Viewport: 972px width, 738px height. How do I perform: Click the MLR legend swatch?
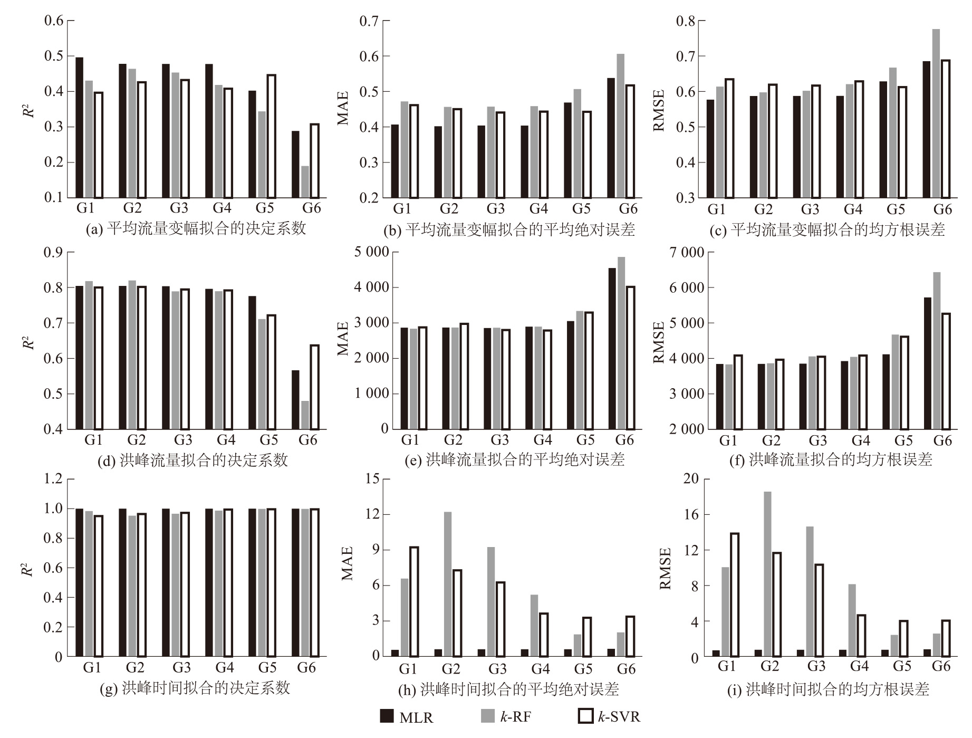(387, 716)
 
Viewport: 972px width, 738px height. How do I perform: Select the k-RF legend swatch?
(487, 716)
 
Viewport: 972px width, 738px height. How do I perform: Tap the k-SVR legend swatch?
(585, 716)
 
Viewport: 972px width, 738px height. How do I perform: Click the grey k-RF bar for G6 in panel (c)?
(936, 113)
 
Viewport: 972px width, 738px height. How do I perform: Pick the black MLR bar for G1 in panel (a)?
(80, 127)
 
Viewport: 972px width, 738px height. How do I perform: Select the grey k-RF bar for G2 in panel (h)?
(447, 584)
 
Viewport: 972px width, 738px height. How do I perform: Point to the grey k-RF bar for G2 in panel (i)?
(767, 574)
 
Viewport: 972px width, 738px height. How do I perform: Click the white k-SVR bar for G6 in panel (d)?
(314, 387)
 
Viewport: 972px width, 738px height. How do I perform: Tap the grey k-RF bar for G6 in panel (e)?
(621, 343)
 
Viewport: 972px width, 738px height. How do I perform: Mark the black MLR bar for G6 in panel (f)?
(927, 363)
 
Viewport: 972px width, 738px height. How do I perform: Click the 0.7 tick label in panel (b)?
(369, 21)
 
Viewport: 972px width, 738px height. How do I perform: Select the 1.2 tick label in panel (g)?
(53, 479)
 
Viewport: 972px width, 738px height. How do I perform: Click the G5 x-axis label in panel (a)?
(265, 208)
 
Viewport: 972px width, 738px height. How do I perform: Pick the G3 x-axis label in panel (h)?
(497, 669)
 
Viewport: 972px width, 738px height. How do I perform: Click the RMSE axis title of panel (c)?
(659, 110)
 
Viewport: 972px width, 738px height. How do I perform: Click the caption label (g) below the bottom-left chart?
(109, 688)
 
